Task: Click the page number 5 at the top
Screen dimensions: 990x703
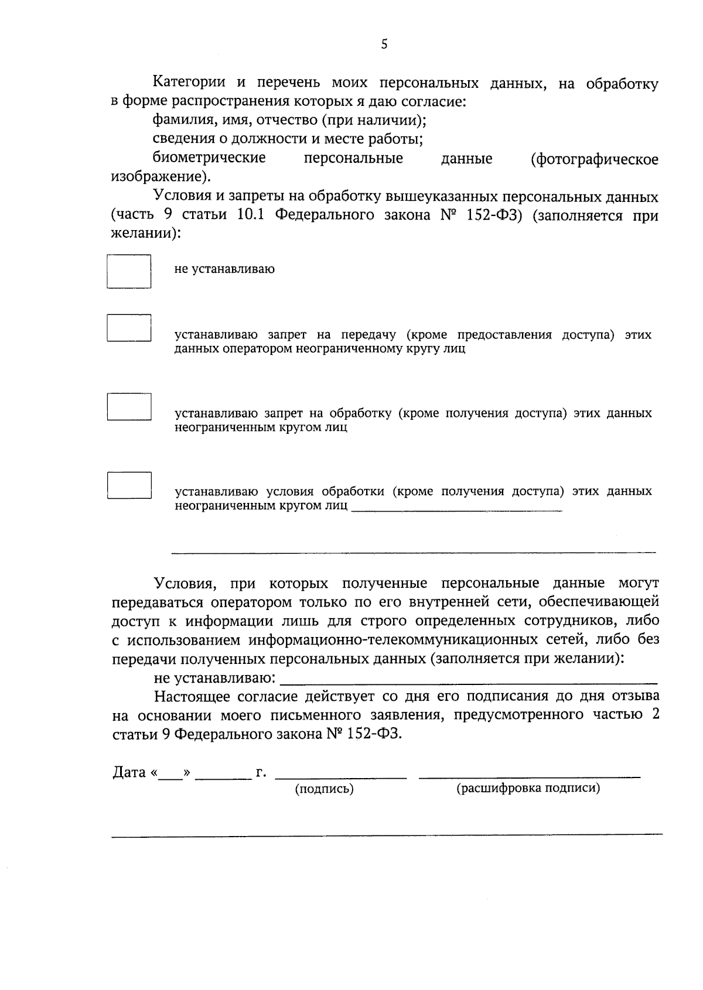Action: (384, 44)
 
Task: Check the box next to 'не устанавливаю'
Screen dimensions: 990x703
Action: (129, 271)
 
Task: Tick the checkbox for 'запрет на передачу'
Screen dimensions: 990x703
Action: (129, 328)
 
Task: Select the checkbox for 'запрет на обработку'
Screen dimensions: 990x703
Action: (129, 406)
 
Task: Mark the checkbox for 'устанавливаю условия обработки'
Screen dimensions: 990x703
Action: (129, 485)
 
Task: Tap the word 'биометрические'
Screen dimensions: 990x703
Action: (209, 158)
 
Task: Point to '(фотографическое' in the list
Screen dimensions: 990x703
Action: (595, 159)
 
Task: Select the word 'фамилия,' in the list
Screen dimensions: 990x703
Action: (178, 121)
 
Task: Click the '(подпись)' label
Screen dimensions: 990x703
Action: (325, 789)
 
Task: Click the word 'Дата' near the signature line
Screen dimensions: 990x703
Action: (129, 772)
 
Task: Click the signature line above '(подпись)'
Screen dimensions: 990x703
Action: (341, 775)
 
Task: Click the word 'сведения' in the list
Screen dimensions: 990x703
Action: (179, 139)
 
